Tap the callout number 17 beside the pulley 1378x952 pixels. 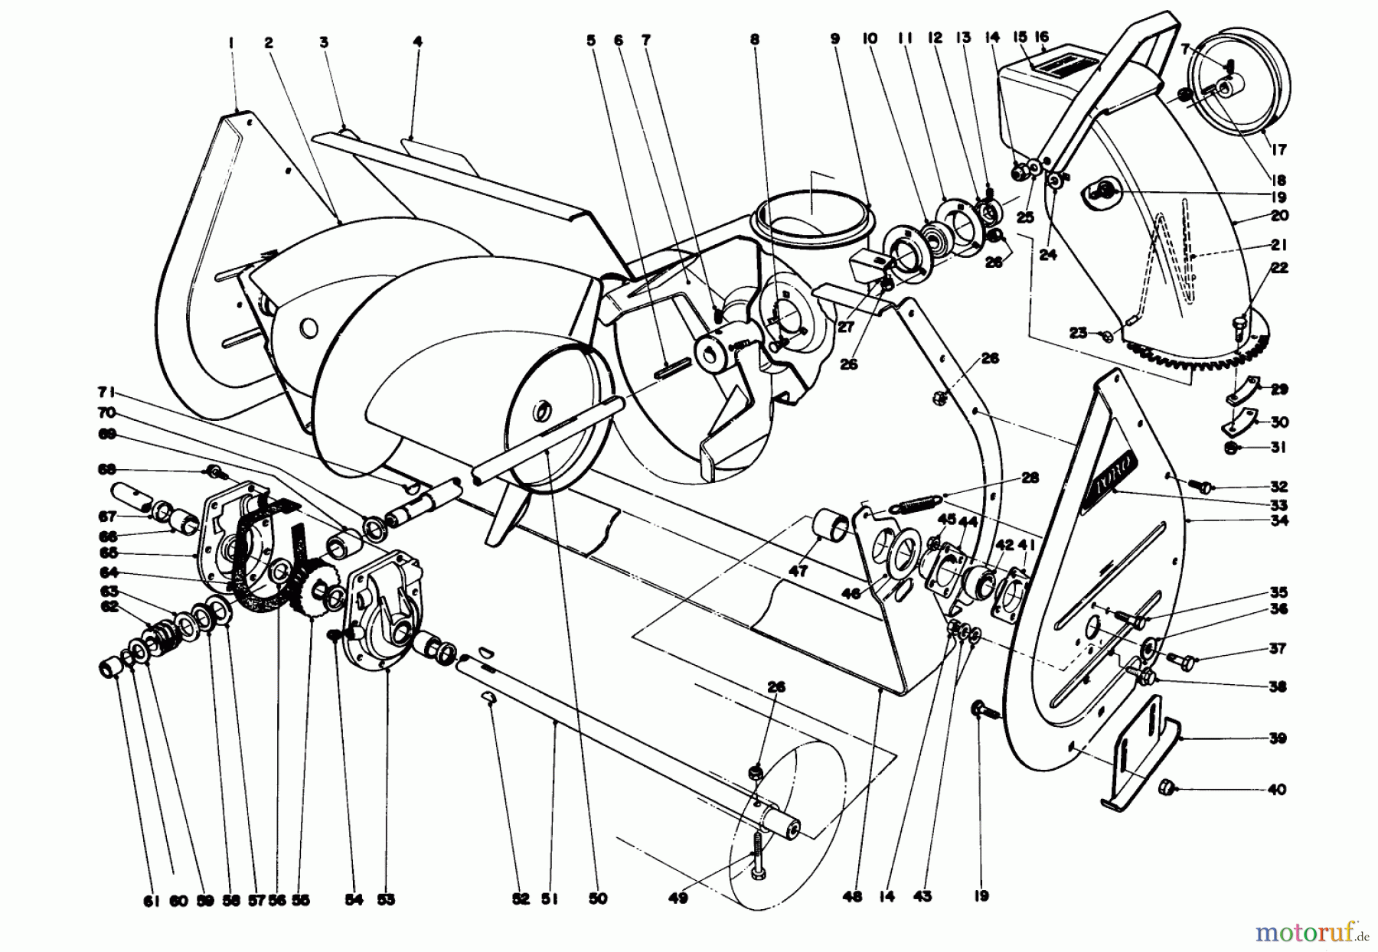pyautogui.click(x=1278, y=150)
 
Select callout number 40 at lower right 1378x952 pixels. pyautogui.click(x=1277, y=790)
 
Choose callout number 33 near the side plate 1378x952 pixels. pyautogui.click(x=1277, y=505)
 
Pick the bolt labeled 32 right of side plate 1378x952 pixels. pyautogui.click(x=1204, y=486)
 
